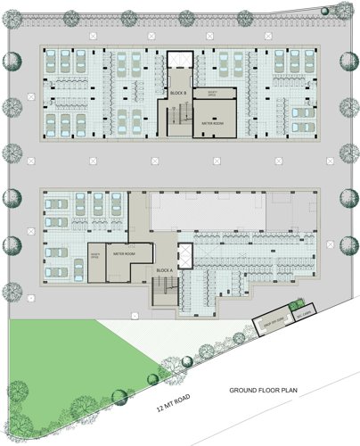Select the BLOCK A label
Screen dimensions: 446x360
[164, 269]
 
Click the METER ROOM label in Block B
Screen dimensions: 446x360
[213, 124]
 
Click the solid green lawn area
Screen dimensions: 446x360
[62, 357]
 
